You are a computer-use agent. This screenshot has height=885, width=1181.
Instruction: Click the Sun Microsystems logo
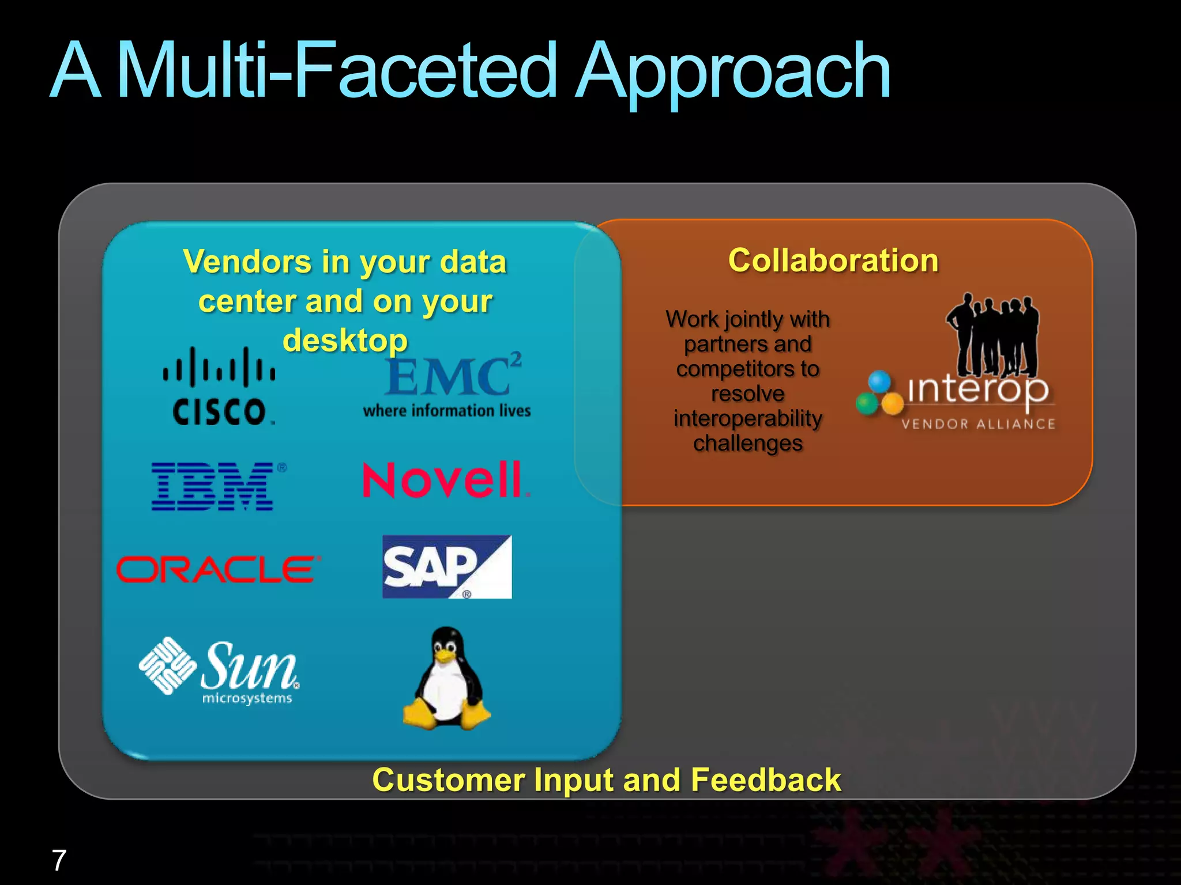(x=219, y=671)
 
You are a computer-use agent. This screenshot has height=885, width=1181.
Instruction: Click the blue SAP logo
(x=447, y=567)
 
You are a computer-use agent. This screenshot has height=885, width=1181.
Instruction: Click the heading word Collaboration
(x=833, y=260)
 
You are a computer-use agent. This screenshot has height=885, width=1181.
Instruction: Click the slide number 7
(x=59, y=860)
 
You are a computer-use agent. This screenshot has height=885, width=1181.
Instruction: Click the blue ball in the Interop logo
(x=880, y=380)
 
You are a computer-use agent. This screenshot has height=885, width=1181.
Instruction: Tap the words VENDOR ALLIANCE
(x=978, y=424)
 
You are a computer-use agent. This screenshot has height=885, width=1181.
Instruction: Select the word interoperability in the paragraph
(x=747, y=418)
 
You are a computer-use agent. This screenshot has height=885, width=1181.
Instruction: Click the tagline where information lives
(x=447, y=411)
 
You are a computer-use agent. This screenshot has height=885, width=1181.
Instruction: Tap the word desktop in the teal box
(x=345, y=340)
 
